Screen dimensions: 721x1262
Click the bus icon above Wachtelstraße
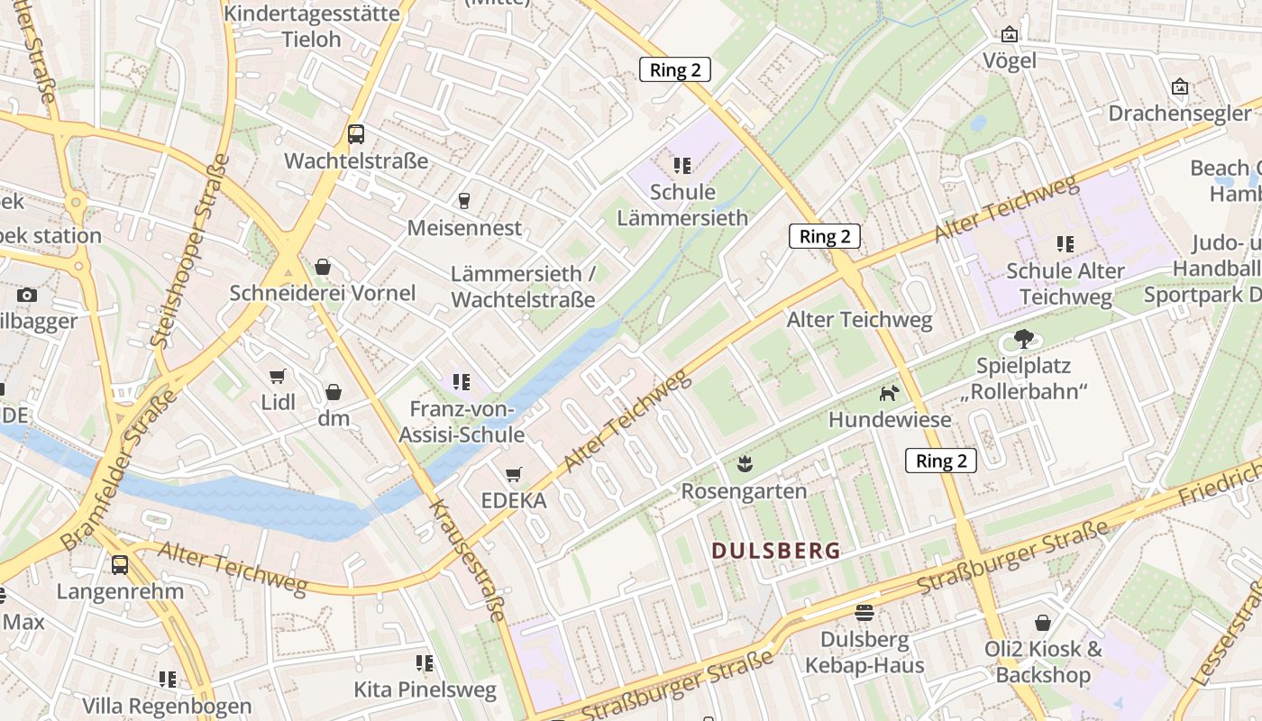[356, 134]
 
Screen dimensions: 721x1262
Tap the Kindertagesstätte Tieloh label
[311, 26]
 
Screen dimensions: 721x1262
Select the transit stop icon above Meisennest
[464, 200]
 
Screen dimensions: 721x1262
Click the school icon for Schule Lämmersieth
[682, 165]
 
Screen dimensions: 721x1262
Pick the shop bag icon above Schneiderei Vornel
[323, 267]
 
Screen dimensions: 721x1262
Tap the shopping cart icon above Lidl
[278, 376]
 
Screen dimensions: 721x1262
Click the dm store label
[334, 418]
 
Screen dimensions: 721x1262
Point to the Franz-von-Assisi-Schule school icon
[462, 382]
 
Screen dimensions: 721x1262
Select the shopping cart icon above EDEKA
[514, 474]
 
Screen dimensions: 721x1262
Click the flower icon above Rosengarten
[744, 464]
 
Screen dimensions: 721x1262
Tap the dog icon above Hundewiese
[890, 393]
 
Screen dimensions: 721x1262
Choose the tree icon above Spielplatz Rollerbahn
[1023, 340]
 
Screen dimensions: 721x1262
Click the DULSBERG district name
[776, 551]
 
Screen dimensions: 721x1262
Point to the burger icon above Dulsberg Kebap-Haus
[864, 613]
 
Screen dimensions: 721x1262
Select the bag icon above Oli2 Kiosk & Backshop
[1043, 623]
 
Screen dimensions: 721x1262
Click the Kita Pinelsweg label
[425, 690]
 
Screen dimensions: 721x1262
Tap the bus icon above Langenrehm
[120, 565]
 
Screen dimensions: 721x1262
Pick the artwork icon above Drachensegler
[1179, 87]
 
